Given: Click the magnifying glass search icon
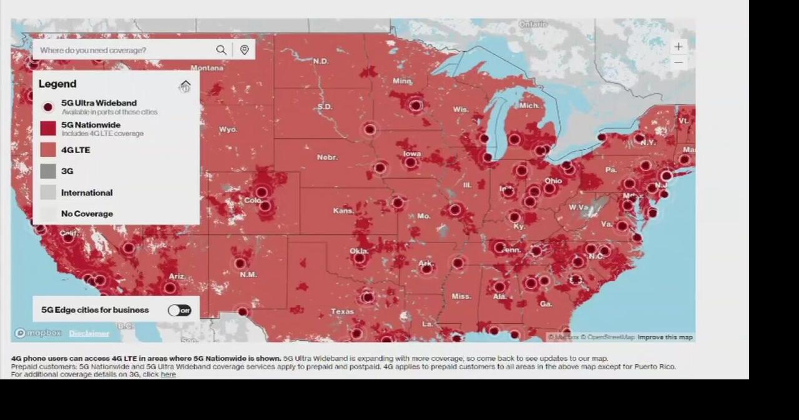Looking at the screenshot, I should (221, 50).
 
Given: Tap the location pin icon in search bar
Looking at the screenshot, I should (244, 50).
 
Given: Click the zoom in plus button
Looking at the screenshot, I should (679, 47).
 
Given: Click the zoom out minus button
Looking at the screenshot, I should (679, 62).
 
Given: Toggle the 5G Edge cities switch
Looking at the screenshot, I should (179, 310).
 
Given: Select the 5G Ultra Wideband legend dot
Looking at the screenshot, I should (48, 107).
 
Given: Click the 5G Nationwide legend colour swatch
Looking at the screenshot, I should (48, 129).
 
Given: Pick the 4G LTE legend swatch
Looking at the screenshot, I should (48, 150).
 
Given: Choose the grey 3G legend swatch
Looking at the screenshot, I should (48, 171).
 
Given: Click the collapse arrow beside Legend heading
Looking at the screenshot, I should (185, 86).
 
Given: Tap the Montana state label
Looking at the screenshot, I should (207, 67).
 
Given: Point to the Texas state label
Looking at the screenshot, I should (342, 311).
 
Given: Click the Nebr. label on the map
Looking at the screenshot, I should (327, 157).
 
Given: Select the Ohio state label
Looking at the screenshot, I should (553, 181).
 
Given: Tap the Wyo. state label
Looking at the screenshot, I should (228, 129).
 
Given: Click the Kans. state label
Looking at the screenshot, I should (343, 211).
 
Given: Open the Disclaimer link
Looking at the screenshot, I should (89, 334).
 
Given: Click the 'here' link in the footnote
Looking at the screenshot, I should (168, 374).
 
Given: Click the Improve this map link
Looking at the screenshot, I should (665, 337).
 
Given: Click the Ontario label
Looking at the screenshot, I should (532, 24).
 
